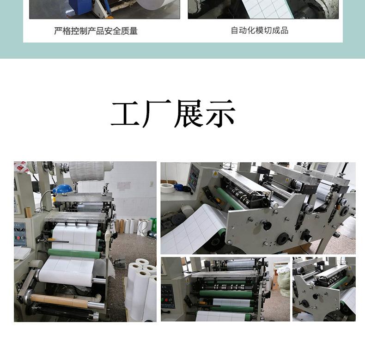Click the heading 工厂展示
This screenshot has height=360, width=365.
173,114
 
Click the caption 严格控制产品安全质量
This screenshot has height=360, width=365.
96,31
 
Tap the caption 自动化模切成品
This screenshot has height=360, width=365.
259,31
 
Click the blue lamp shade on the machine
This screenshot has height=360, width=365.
62,189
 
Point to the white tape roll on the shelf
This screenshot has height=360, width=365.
168,188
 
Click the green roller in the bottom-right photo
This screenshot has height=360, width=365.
340,282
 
